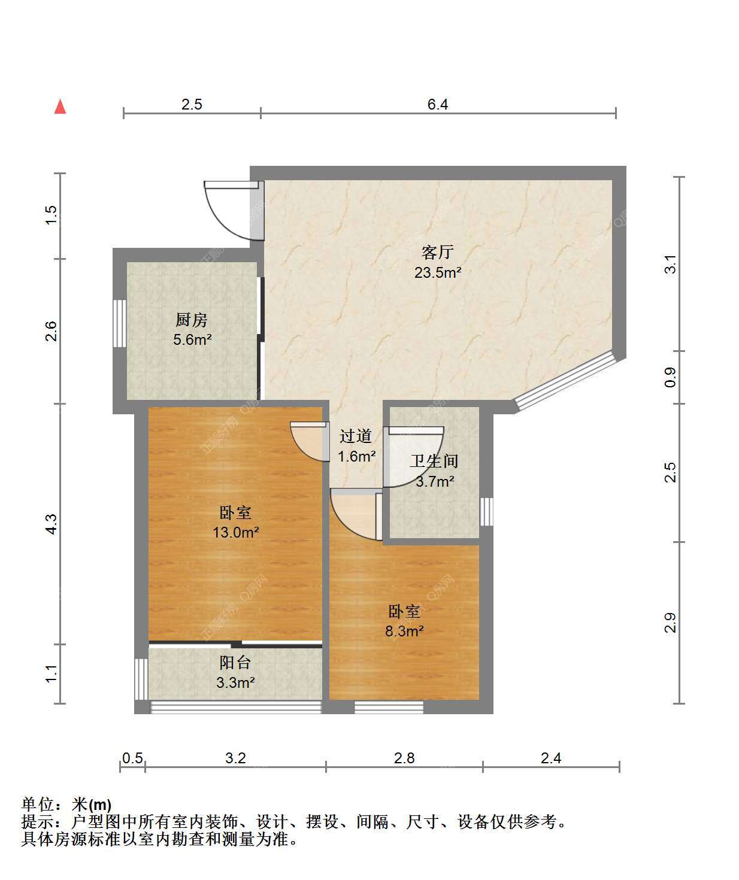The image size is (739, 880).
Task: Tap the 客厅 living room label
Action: [x=438, y=252]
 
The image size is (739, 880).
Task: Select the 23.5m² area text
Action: [x=438, y=273]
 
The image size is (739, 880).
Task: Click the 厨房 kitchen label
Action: [x=192, y=320]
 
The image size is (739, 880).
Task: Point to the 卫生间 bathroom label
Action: [x=434, y=461]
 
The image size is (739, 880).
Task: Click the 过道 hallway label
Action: [x=356, y=436]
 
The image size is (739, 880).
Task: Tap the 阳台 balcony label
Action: [x=235, y=663]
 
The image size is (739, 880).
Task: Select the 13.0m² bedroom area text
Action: [x=236, y=532]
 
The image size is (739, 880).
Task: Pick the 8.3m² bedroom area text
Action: [x=404, y=631]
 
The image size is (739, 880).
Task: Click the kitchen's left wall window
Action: [x=120, y=323]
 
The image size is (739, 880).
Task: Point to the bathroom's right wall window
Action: [x=486, y=512]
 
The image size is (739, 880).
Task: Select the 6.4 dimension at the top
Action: [x=438, y=104]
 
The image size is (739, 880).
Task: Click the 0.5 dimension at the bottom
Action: [x=133, y=758]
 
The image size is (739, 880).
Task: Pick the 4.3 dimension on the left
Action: [x=51, y=524]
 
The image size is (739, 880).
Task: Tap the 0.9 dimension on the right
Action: [x=670, y=378]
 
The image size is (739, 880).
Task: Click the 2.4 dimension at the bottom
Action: [x=551, y=758]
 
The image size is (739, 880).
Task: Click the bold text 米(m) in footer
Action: [x=92, y=805]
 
